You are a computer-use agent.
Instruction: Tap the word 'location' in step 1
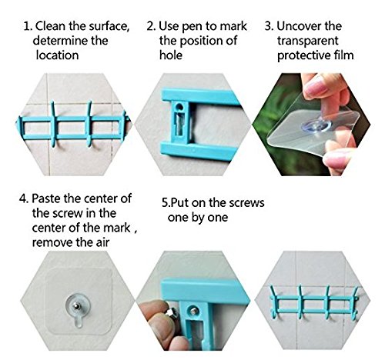coord(57,55)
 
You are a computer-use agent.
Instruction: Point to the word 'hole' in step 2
coord(171,55)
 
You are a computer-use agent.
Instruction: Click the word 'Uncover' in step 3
coord(299,26)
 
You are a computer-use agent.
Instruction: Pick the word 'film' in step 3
coord(344,55)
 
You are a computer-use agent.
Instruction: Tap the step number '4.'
coord(24,198)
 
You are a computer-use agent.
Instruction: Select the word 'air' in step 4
coord(102,242)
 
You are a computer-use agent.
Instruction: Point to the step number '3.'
coord(269,26)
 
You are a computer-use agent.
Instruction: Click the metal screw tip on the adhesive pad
coord(76,305)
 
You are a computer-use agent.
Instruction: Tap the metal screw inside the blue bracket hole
coord(193,312)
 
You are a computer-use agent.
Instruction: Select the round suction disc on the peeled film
coord(316,125)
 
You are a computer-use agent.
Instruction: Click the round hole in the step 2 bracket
coord(180,106)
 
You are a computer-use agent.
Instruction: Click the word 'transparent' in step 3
coord(307,41)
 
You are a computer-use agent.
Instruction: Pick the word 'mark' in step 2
coord(233,26)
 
